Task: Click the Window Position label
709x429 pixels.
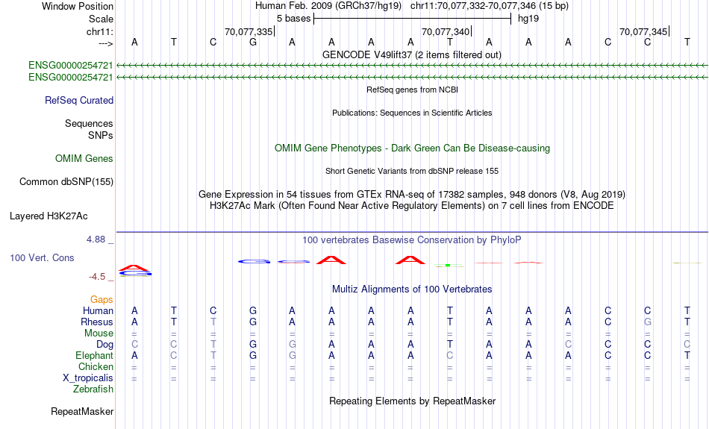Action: click(78, 6)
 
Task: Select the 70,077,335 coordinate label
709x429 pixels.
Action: click(249, 31)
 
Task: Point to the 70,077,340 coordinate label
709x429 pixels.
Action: click(446, 31)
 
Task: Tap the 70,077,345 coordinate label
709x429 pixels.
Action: click(643, 31)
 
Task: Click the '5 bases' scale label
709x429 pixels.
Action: click(293, 19)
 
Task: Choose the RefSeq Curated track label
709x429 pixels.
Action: click(79, 101)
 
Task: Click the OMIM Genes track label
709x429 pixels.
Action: click(84, 159)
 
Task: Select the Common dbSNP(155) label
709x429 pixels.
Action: click(66, 182)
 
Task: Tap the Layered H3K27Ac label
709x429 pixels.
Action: click(49, 216)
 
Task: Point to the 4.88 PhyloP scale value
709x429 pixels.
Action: click(96, 239)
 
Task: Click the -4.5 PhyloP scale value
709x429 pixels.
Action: click(97, 277)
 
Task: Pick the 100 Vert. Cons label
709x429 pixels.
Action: click(42, 257)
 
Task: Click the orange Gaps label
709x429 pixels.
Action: click(101, 299)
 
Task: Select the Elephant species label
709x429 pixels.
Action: click(94, 355)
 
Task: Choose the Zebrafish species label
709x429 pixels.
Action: click(93, 389)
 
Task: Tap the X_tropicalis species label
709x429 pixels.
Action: click(88, 378)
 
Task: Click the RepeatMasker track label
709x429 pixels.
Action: click(82, 411)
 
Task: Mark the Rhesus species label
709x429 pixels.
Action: click(97, 322)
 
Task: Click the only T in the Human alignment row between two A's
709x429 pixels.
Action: click(450, 310)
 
